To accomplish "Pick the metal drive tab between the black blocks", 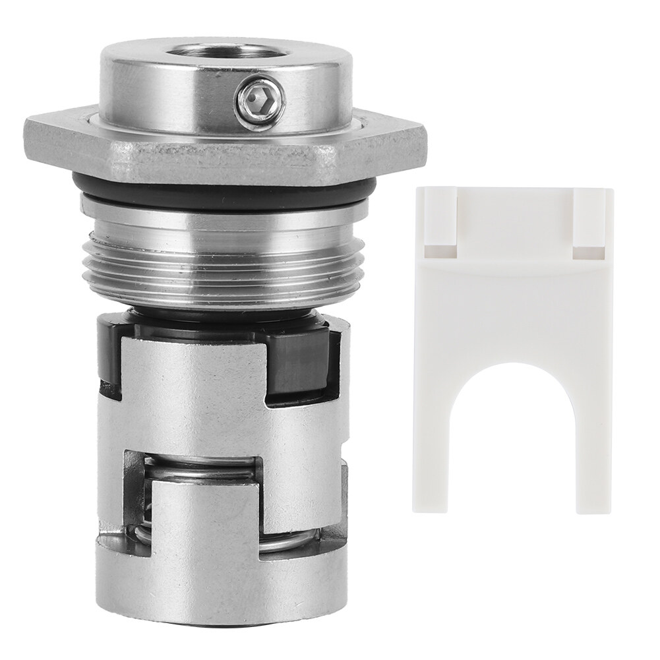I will click(x=198, y=382).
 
